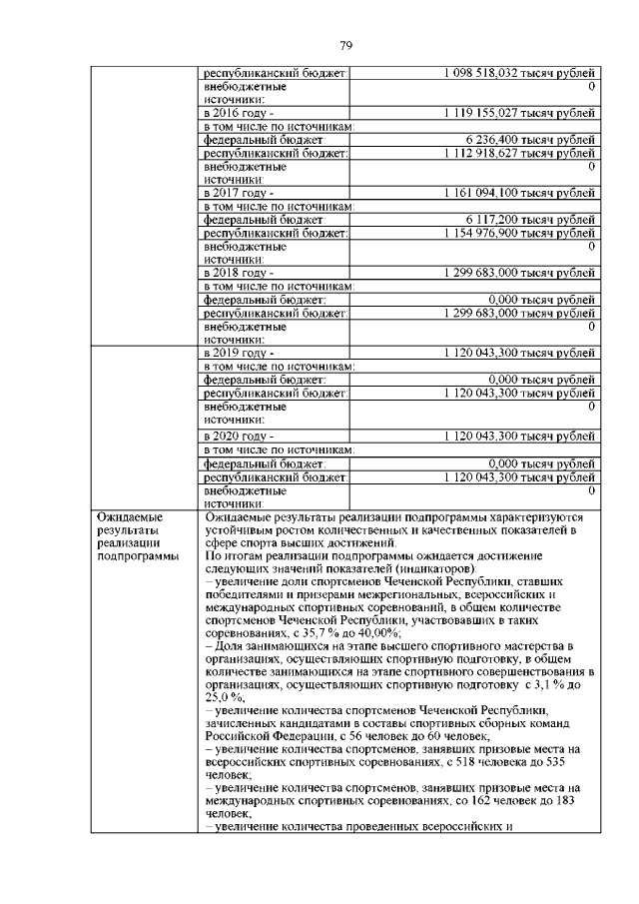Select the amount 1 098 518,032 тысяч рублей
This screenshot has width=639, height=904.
tap(519, 74)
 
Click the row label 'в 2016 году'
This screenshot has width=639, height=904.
tap(238, 114)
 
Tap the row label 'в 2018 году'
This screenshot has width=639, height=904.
tap(238, 271)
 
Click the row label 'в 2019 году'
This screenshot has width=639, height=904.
tap(238, 354)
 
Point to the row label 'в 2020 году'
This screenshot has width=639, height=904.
tap(238, 437)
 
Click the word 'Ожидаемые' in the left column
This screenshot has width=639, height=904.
tap(129, 516)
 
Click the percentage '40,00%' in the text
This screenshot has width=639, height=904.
tap(379, 633)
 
